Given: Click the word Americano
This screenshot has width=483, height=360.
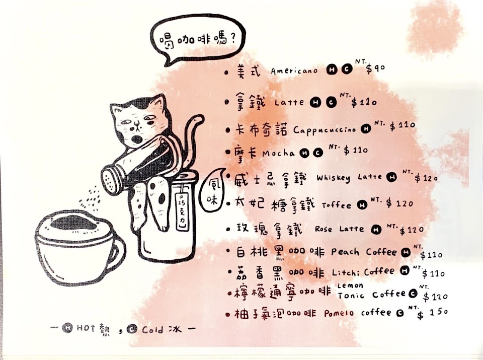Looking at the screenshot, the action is click(294, 71).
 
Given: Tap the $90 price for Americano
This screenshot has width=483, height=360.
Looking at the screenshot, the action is click(375, 68).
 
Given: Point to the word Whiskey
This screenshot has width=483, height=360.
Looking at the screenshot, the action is click(333, 178).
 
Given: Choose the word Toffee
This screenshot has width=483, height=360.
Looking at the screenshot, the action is click(337, 205).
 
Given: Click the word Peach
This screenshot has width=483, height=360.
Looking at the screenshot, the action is click(345, 252).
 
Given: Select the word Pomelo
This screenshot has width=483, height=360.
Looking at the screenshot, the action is click(339, 314).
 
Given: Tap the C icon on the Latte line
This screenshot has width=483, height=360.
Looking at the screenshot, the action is click(331, 102).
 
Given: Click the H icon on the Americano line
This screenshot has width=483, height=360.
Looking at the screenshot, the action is click(332, 69).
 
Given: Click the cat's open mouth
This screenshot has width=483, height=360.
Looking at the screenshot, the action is click(136, 139).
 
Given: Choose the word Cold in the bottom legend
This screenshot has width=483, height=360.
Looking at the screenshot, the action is click(152, 330).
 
